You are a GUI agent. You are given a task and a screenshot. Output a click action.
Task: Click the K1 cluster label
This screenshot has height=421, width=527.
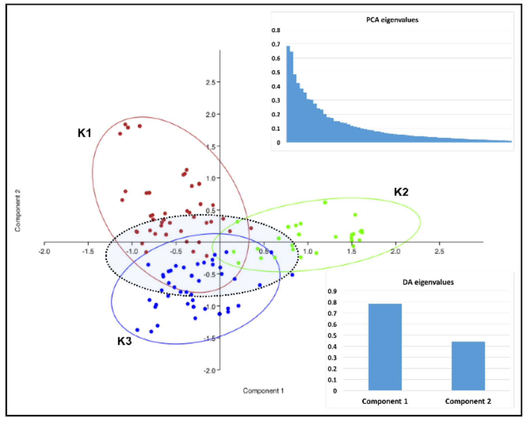point(84,133)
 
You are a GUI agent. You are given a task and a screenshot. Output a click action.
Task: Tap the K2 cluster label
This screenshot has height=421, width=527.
point(401,192)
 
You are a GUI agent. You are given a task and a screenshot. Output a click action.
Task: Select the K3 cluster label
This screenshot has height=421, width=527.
point(125,341)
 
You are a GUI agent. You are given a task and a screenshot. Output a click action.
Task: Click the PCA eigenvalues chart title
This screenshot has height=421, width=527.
point(392,20)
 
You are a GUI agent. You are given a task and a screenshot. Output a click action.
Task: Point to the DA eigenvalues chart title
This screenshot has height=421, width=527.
point(428,282)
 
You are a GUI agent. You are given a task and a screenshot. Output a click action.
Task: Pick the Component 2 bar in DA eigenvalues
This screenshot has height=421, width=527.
point(468,366)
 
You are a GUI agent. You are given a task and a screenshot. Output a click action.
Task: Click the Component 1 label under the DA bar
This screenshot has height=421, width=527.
point(385,401)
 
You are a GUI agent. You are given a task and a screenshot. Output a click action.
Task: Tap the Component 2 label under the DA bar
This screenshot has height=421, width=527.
point(468,401)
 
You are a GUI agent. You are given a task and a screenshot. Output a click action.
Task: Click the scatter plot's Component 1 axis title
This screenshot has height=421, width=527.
point(263,391)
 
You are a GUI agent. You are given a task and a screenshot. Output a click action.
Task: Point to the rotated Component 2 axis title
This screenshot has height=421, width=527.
point(18,210)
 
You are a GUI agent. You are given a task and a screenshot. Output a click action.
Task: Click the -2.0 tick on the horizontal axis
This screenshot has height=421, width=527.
point(44,252)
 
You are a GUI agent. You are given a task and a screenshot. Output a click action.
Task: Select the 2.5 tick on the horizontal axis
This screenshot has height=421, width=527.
point(439,252)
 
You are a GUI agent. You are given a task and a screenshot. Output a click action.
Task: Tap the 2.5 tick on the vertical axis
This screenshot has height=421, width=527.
point(211,82)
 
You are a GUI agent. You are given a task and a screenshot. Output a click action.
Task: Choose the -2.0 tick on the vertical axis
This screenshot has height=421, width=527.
point(210,371)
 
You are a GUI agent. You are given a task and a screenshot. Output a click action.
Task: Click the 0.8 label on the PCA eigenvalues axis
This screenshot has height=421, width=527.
point(276,30)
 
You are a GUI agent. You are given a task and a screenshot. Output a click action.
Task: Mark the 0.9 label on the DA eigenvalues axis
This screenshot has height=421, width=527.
point(332,291)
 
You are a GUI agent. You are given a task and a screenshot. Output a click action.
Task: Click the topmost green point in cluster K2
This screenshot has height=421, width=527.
point(325,203)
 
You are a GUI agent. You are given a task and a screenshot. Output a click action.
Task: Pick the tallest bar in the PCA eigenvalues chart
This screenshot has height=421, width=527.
point(288,94)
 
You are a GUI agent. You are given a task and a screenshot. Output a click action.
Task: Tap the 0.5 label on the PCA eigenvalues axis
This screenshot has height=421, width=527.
point(276,72)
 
